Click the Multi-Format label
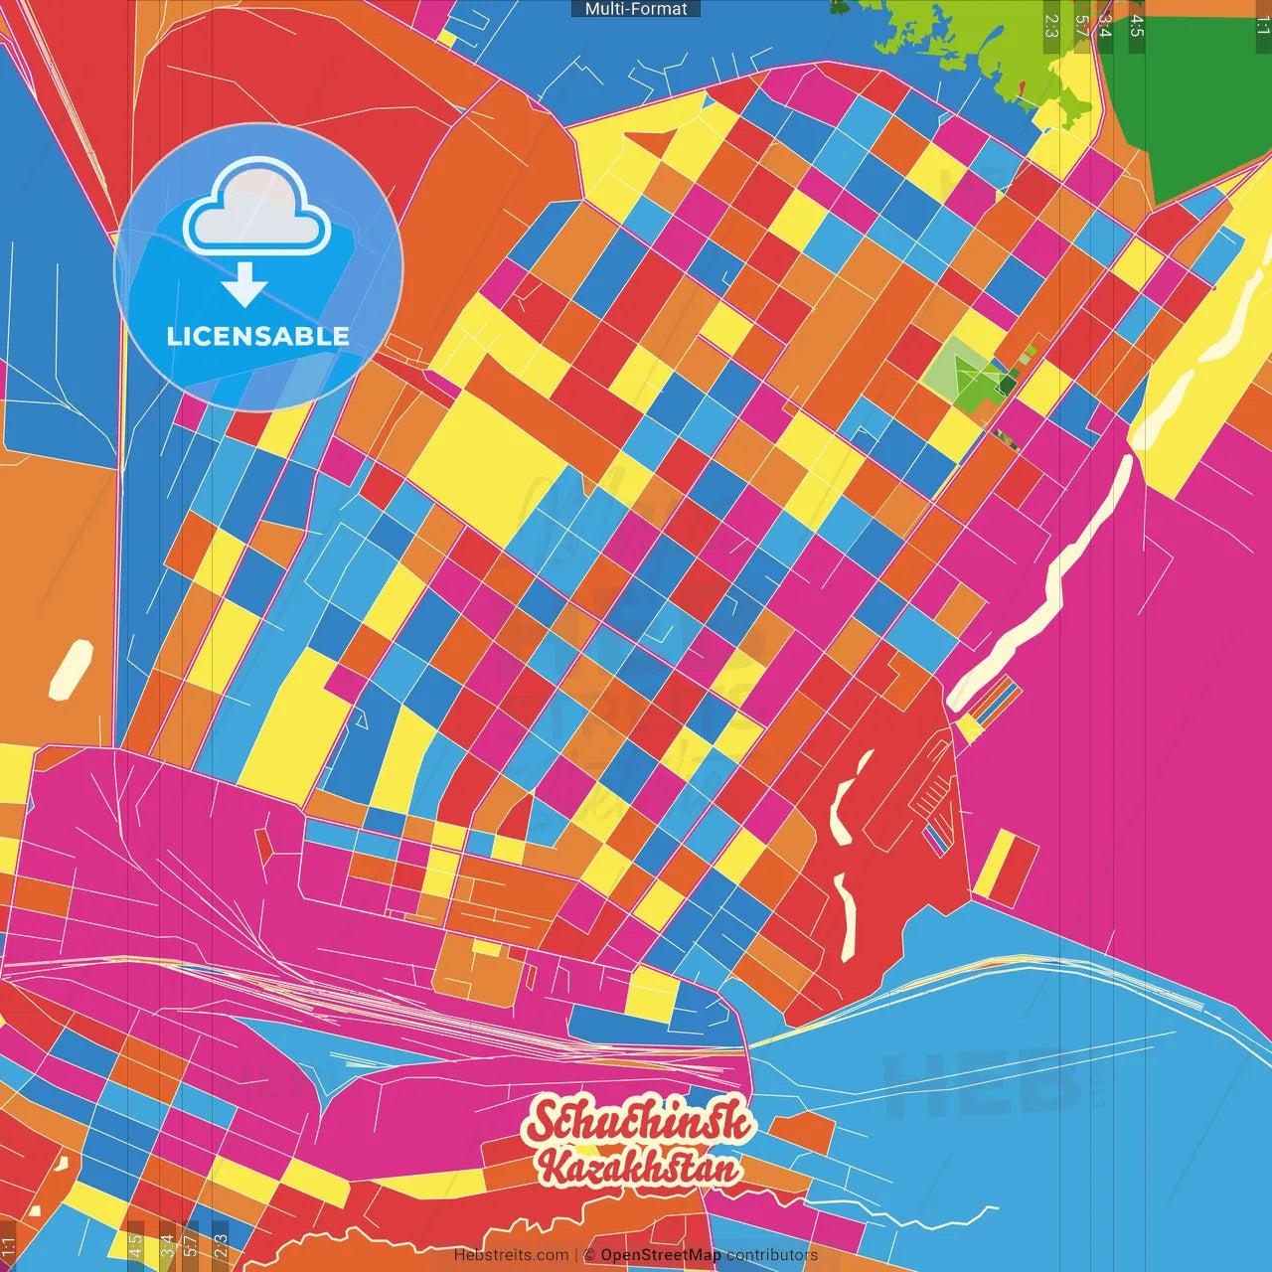click(x=636, y=9)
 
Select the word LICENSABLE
click(x=258, y=336)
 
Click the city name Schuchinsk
click(x=639, y=1121)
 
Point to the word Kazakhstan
click(x=639, y=1167)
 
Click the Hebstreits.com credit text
click(x=511, y=1255)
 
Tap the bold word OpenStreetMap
click(x=661, y=1255)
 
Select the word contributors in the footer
click(x=772, y=1255)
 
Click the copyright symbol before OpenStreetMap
click(x=589, y=1255)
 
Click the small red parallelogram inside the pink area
click(x=264, y=846)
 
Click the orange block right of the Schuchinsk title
click(x=801, y=1132)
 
